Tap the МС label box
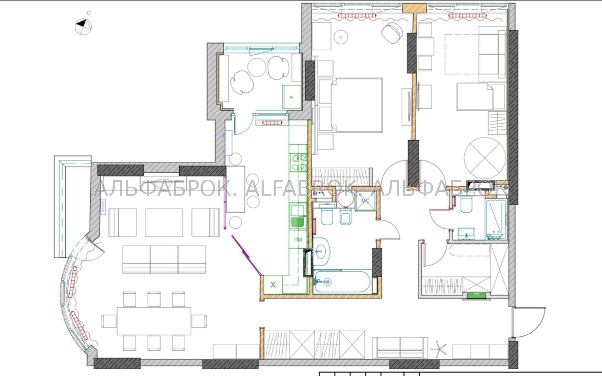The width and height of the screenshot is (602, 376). point(365,201)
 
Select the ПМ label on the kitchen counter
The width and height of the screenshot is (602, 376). point(298,240)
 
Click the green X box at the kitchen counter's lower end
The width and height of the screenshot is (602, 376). point(273,285)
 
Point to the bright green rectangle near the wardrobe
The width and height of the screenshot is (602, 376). point(477,296)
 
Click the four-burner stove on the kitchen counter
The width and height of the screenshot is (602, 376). point(298,162)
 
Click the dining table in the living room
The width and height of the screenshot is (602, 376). point(154,321)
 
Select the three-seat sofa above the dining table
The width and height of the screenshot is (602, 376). point(164,259)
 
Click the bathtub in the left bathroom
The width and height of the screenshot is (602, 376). point(342,281)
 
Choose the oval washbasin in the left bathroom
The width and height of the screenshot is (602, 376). point(322,252)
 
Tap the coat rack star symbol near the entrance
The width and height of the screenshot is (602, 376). point(439,349)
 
